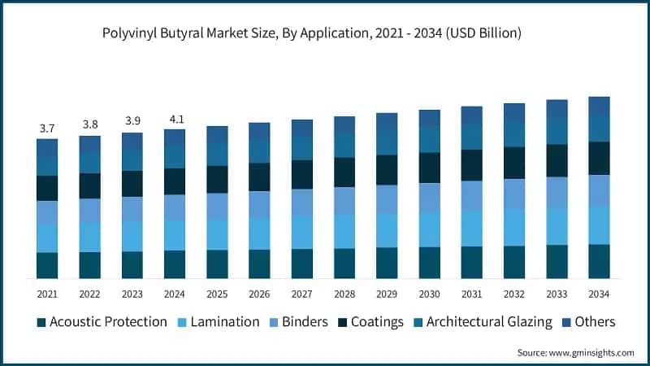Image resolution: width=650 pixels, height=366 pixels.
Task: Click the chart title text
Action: (324, 33)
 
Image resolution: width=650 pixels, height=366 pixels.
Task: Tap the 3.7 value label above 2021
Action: (47, 129)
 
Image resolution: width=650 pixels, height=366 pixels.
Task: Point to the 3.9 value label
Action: (132, 123)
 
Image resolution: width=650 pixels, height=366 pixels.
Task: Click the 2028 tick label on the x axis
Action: (344, 294)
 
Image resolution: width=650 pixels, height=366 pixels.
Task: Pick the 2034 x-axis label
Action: (599, 294)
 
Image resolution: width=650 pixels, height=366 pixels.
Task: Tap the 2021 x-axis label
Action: (47, 294)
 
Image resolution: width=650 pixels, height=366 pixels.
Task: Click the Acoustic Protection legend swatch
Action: (41, 322)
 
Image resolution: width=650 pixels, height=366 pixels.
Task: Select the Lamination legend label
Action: (225, 322)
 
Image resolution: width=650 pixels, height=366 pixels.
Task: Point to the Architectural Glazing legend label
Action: (488, 322)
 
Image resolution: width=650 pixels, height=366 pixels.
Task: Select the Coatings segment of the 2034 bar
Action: (599, 159)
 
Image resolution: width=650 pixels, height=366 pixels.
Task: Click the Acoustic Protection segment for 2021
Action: (47, 266)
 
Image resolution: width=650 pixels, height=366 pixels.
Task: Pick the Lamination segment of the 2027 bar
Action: (302, 232)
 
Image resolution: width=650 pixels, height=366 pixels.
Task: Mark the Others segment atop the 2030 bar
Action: (429, 118)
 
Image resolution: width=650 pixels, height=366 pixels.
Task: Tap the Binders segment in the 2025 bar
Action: (217, 206)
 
